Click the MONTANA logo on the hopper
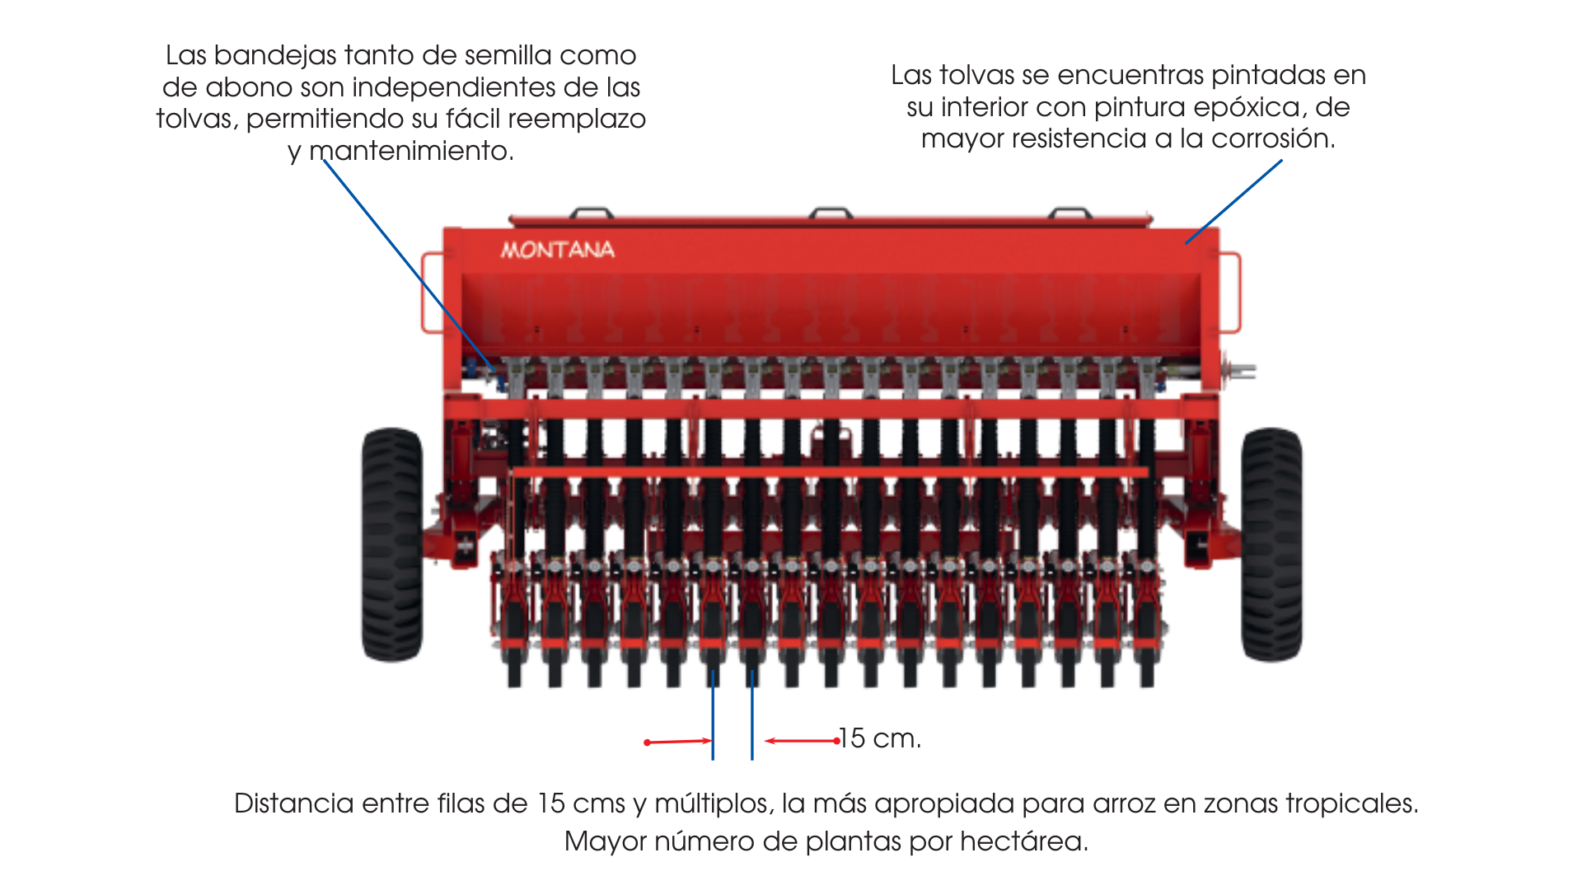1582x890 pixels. point(558,250)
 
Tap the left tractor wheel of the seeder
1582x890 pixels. point(392,544)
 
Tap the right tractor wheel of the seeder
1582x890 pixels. point(1271,544)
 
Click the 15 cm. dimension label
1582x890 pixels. point(880,738)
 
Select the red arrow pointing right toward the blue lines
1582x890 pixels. point(678,742)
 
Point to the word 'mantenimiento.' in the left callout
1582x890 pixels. point(411,151)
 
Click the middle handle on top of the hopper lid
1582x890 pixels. point(831,213)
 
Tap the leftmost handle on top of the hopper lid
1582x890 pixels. point(592,213)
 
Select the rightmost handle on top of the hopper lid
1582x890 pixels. point(1070,213)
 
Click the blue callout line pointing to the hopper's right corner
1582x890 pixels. point(1233,202)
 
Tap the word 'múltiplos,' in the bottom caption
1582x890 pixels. point(714,803)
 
